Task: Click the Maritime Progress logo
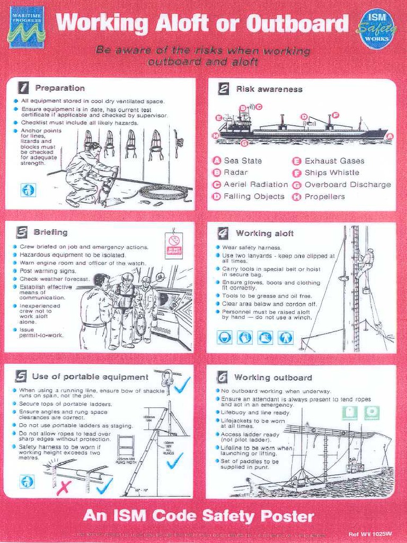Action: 26,28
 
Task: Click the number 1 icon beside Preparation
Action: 23,88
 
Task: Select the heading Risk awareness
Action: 269,89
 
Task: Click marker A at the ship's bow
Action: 390,136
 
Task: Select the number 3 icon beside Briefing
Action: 22,232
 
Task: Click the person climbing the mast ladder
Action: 365,263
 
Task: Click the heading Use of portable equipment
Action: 90,377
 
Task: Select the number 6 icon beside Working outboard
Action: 222,378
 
